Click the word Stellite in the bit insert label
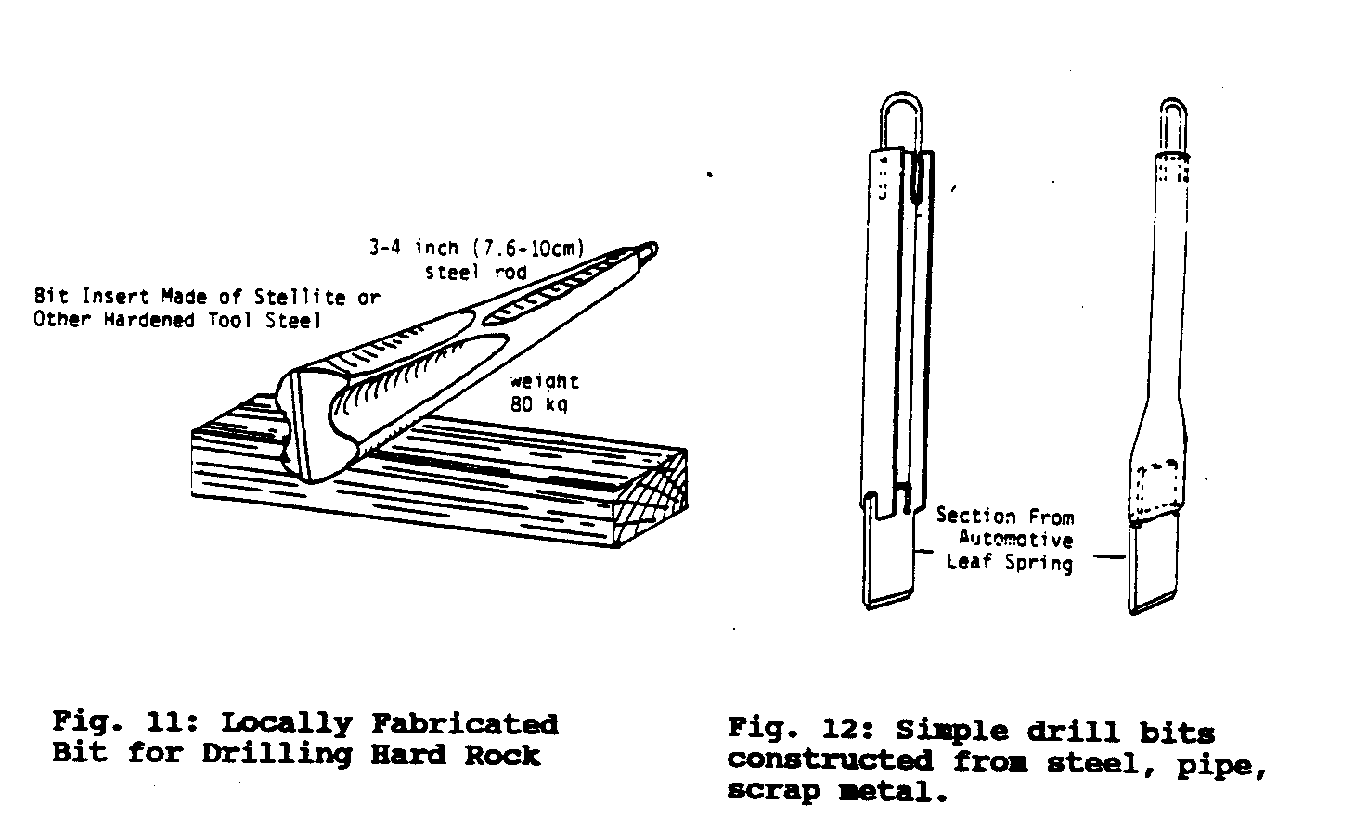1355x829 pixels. (x=300, y=298)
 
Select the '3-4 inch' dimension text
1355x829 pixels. (x=414, y=248)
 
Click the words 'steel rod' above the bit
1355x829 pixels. (x=476, y=273)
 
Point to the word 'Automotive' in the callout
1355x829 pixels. (x=1016, y=539)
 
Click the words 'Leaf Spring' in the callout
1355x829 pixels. (x=1010, y=563)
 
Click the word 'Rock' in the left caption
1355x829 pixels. (x=503, y=755)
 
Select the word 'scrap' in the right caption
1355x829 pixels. (x=774, y=791)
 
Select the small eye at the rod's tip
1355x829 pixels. (x=651, y=249)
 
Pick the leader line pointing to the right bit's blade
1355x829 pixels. (x=1109, y=556)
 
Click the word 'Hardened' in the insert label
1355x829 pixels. (x=149, y=320)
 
